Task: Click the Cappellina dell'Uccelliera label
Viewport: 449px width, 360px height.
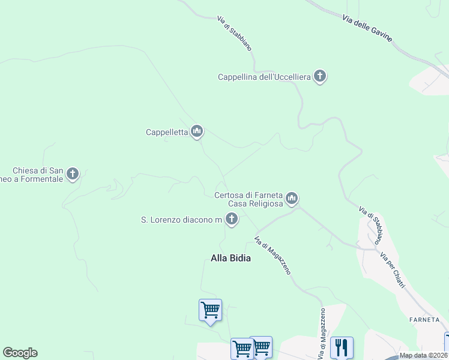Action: coord(264,77)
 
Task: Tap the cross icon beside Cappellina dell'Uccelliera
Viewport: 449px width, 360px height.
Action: coord(320,76)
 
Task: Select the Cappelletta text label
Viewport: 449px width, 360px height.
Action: coord(167,132)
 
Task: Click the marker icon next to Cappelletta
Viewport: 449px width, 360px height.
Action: coord(197,131)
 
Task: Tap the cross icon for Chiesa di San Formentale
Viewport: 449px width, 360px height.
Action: coord(73,174)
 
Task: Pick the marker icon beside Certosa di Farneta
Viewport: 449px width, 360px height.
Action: coord(292,197)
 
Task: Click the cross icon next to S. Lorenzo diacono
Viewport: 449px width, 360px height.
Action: coord(231,220)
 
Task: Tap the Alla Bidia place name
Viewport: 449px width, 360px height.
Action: coord(231,258)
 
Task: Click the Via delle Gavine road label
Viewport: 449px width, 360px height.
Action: coord(367,28)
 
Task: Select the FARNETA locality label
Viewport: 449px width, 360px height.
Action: coord(425,319)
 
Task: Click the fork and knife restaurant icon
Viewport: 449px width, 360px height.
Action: coord(342,347)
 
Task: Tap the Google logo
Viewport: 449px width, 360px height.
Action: coord(20,353)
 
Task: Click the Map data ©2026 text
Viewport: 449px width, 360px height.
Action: coord(423,356)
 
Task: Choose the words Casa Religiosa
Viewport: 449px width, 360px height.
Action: coord(255,204)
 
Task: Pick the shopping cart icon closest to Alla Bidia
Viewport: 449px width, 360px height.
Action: coord(210,310)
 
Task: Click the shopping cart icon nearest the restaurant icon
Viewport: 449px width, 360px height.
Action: coord(261,347)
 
